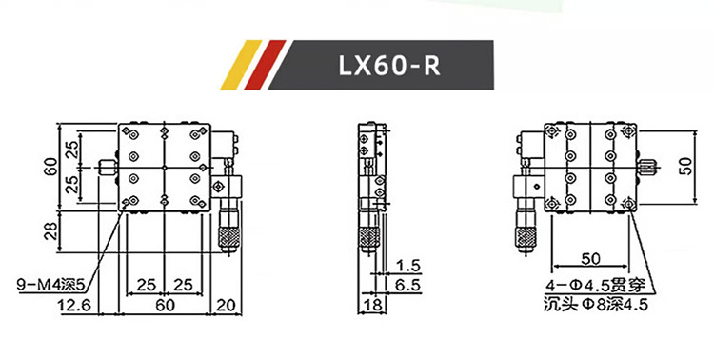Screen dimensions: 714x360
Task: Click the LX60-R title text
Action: click(x=389, y=66)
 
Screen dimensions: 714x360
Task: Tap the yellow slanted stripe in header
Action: click(x=241, y=65)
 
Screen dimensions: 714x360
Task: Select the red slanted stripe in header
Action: click(x=265, y=65)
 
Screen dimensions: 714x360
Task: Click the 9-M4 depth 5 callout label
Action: click(x=51, y=286)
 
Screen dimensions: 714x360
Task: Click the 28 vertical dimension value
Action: click(x=51, y=231)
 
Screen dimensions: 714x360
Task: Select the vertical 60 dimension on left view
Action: click(x=51, y=167)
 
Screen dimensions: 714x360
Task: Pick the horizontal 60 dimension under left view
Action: click(x=165, y=305)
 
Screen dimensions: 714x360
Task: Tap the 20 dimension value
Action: click(x=226, y=305)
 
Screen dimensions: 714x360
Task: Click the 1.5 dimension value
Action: click(x=408, y=266)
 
